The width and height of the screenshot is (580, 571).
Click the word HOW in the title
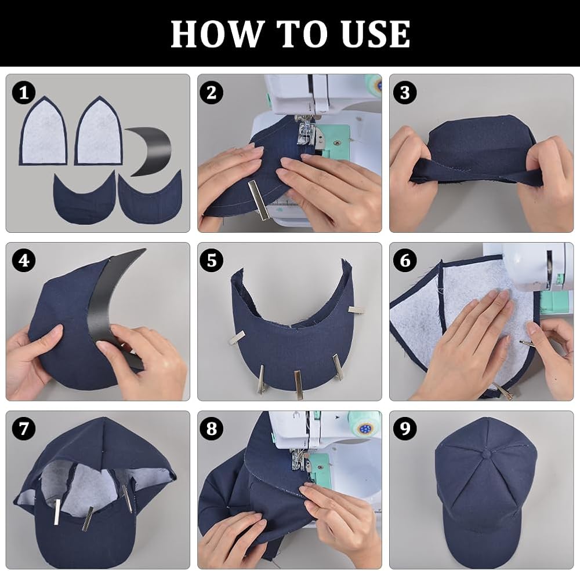[x=216, y=34]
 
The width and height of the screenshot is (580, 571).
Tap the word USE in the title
[x=375, y=34]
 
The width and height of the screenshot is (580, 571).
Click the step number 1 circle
[x=24, y=92]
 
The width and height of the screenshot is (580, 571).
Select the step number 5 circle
[x=212, y=261]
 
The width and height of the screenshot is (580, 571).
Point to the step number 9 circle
[x=405, y=429]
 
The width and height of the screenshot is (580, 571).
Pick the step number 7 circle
[x=24, y=429]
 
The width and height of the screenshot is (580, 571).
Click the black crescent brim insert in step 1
[x=151, y=151]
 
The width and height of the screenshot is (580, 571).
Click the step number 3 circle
[x=405, y=92]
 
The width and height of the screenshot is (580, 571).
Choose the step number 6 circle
[x=405, y=261]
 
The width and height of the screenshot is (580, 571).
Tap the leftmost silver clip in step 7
[x=57, y=513]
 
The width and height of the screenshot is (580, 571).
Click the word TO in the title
[x=300, y=34]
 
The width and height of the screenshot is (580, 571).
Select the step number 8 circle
[x=212, y=429]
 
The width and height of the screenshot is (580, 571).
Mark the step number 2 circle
[x=212, y=92]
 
